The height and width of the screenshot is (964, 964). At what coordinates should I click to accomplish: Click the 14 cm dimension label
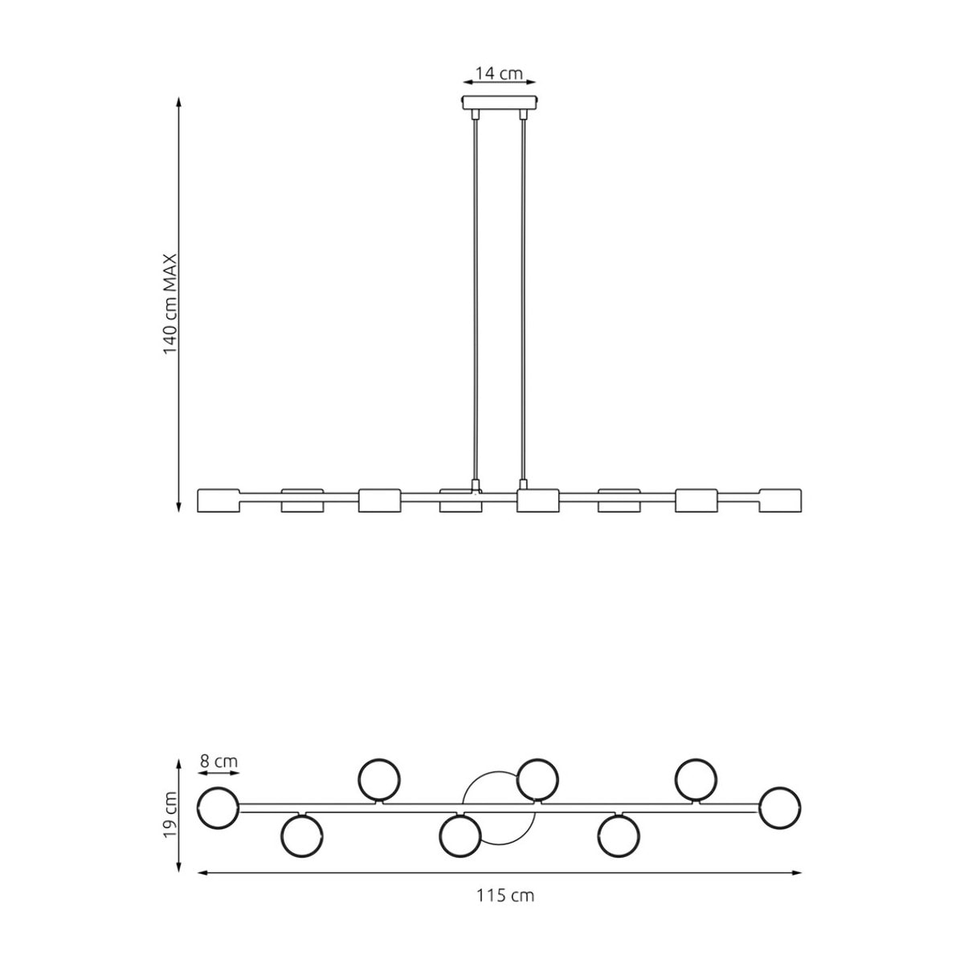[x=498, y=74]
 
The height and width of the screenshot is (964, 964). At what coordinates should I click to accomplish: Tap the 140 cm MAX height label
[x=170, y=304]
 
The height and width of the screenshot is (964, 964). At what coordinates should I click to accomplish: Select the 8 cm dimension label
[x=219, y=762]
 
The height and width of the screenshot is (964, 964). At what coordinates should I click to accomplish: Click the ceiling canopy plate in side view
[x=499, y=103]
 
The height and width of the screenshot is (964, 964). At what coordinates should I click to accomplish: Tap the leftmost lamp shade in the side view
[x=219, y=500]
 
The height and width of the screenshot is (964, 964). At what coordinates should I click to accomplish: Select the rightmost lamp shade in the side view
[x=780, y=500]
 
